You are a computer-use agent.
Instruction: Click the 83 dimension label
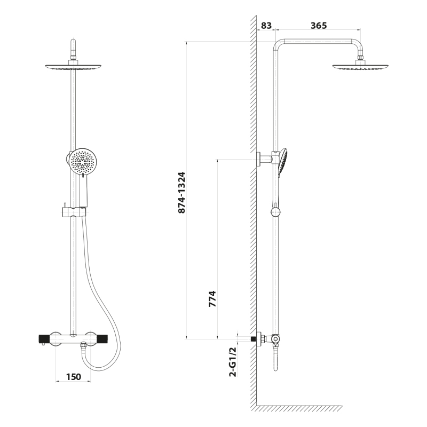266,25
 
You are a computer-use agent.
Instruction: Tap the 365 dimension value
319,25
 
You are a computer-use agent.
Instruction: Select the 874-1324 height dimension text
181,193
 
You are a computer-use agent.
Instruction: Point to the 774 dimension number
212,299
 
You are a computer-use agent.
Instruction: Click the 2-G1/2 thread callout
233,362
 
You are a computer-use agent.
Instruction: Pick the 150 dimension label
74,377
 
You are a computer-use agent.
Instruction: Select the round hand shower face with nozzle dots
83,162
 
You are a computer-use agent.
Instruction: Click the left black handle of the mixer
43,339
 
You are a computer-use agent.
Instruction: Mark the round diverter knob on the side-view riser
275,211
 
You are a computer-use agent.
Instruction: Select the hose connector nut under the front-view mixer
83,346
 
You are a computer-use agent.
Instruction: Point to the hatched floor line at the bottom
299,408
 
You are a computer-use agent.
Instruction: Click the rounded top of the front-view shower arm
74,44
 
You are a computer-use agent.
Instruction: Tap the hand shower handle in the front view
84,191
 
